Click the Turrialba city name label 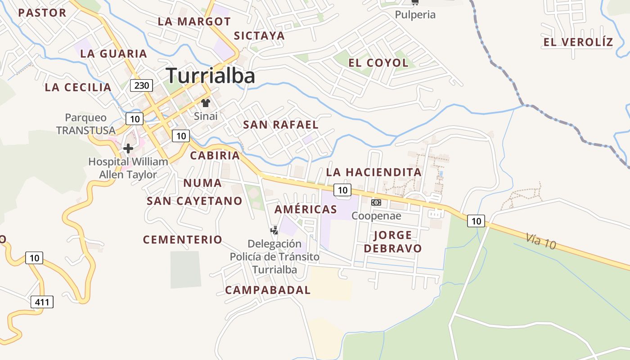pos(211,76)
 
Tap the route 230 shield pos(141,85)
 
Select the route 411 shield pos(42,301)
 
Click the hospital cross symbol pos(128,148)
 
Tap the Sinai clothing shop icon pos(206,103)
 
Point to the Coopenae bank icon pos(376,202)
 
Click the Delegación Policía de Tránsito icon pos(274,231)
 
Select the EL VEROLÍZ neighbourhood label pos(578,42)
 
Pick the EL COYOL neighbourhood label pos(378,63)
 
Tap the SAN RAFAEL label pos(281,125)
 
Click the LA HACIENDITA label pos(373,172)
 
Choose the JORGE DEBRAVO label pos(393,242)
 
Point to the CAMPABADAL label pos(268,290)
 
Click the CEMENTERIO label pos(183,239)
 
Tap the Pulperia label pos(415,14)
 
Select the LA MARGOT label pos(194,22)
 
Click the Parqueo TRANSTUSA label pos(86,124)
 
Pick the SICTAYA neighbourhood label pos(259,36)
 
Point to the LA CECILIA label pos(78,87)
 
